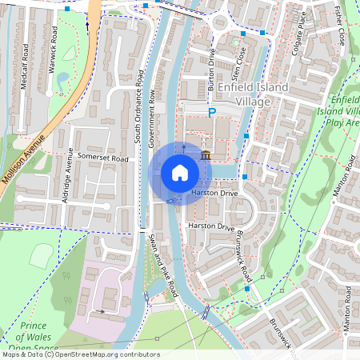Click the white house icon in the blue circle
(180, 173)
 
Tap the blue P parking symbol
(212, 114)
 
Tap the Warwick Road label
(54, 50)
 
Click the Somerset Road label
(102, 158)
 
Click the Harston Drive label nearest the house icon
(214, 194)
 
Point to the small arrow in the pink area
(100, 310)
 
